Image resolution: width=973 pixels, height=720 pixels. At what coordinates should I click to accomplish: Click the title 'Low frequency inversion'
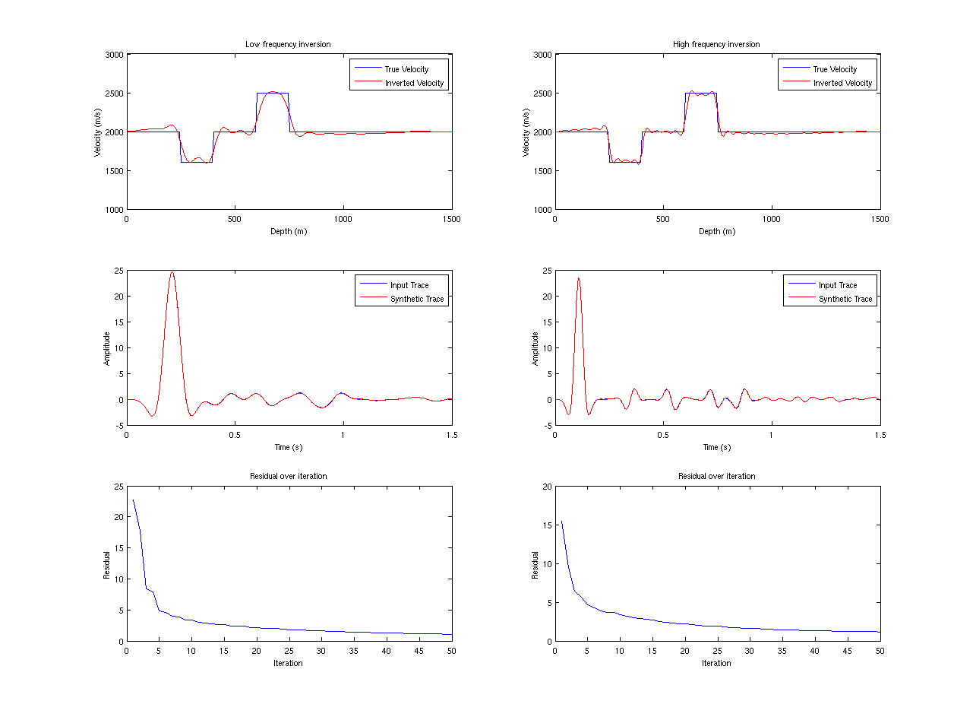288,44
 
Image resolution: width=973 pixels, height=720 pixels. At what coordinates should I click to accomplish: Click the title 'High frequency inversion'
716,44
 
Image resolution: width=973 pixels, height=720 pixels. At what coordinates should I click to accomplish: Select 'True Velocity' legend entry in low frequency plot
406,69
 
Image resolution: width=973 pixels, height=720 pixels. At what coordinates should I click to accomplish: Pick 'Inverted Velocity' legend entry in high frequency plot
843,83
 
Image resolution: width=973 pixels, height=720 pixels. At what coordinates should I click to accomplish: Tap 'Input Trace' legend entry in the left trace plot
409,285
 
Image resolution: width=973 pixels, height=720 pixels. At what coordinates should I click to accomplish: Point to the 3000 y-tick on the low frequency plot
114,55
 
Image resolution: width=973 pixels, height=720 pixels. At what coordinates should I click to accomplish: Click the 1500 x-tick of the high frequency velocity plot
880,219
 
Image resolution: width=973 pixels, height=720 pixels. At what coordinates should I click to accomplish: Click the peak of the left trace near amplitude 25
172,272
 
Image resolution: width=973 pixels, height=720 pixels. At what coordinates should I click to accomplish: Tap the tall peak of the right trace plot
579,278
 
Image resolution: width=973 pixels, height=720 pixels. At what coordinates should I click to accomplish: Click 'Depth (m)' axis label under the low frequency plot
289,231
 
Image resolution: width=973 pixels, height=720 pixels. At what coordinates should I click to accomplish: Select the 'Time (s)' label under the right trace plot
716,447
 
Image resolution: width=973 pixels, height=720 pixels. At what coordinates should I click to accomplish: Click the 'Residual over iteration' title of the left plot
289,476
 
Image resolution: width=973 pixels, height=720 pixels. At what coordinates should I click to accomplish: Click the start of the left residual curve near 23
134,500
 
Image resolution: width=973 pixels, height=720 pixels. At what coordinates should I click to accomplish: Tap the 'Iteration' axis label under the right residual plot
716,663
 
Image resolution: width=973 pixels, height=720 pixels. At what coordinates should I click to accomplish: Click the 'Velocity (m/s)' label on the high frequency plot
527,132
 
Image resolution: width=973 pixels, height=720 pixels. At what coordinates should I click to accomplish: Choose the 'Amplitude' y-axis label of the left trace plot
107,348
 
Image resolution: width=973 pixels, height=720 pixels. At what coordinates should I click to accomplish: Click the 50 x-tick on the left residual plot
452,651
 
